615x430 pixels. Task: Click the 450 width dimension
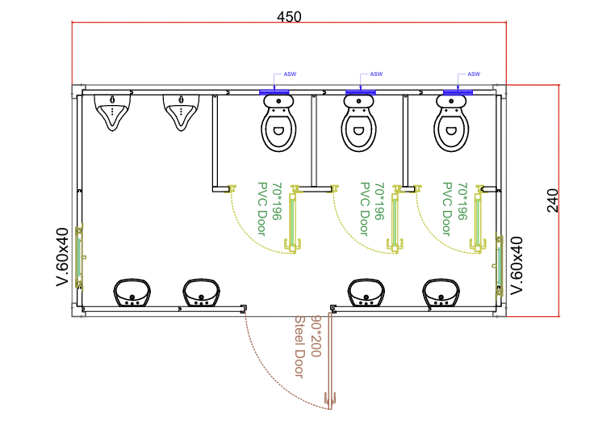click(x=289, y=17)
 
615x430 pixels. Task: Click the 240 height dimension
click(x=552, y=200)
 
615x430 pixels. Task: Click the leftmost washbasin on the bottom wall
click(x=132, y=293)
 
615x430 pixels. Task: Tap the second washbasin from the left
click(x=201, y=293)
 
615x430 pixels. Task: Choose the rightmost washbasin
click(x=441, y=293)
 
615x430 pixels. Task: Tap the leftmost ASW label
click(x=288, y=74)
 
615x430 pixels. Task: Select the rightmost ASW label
click(x=474, y=74)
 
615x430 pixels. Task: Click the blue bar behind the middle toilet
click(x=360, y=93)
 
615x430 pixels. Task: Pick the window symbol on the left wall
click(x=79, y=257)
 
